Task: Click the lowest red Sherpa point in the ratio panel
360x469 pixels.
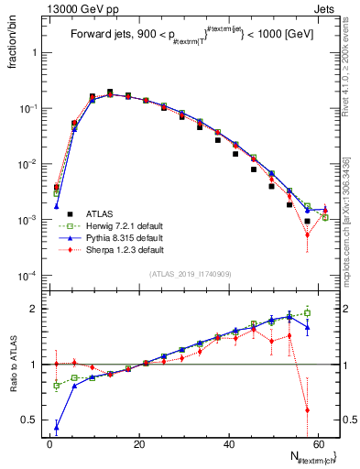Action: pos(307,409)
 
